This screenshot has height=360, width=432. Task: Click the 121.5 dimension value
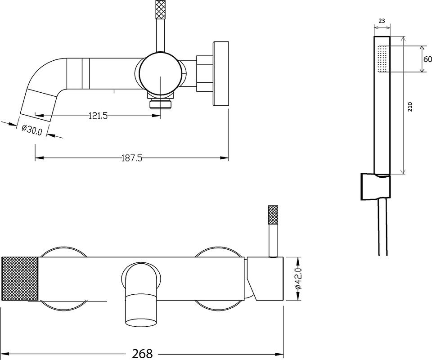(x=98, y=116)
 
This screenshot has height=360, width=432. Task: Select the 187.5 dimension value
(x=132, y=158)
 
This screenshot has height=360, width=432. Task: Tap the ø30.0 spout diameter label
(x=31, y=130)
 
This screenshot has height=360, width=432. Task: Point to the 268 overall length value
(x=142, y=353)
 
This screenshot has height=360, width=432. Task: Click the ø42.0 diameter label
(x=298, y=279)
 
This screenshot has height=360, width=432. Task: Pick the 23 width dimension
(x=382, y=21)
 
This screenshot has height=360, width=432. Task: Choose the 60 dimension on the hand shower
(x=428, y=59)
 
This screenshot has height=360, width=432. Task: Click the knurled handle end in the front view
(x=20, y=278)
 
